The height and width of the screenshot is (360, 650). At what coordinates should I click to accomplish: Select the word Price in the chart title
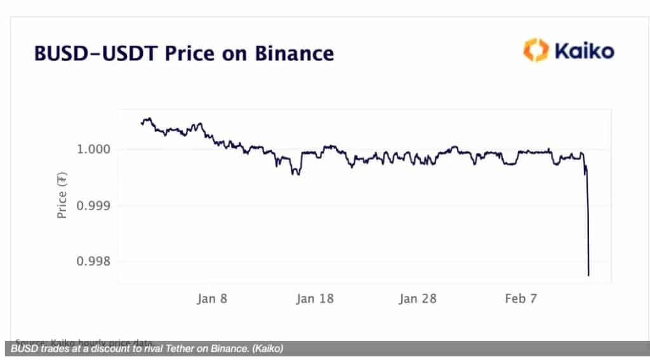pos(191,53)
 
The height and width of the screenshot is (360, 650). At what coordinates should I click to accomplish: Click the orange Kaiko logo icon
pos(535,50)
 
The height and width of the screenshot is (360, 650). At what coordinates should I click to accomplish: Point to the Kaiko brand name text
pos(584,50)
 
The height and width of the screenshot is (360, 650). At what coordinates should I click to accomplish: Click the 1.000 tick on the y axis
pos(94,150)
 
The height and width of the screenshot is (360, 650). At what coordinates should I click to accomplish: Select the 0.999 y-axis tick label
pos(94,206)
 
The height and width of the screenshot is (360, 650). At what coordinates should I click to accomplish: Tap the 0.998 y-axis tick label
pos(94,262)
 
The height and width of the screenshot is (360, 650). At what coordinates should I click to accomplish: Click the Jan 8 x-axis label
pos(212,298)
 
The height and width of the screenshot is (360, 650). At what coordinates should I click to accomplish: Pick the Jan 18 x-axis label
pos(315,298)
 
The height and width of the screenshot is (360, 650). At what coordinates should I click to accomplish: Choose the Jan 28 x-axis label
pos(418,298)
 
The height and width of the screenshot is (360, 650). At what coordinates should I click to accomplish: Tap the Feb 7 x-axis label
pos(519,298)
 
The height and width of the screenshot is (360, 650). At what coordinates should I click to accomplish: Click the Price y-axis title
pos(62,197)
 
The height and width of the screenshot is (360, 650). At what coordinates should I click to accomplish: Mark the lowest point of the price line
pos(588,275)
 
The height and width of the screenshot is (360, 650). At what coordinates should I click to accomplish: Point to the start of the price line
pos(141,123)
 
